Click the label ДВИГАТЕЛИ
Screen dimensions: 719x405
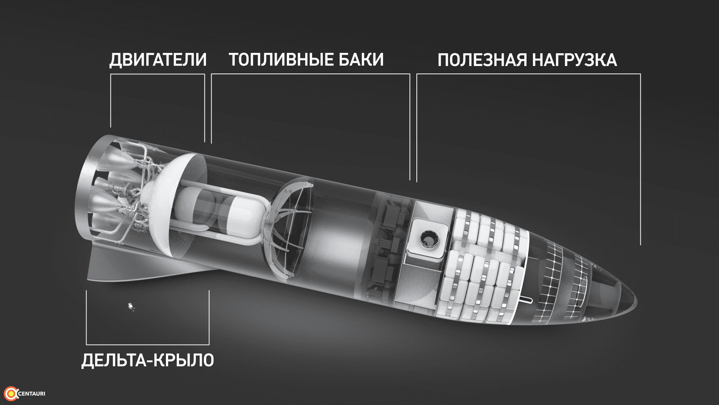click(158, 60)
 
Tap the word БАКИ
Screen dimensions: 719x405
click(361, 60)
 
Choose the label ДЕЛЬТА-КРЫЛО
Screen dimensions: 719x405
click(148, 360)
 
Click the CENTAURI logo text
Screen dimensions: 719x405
click(31, 394)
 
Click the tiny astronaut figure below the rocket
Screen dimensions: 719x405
click(131, 306)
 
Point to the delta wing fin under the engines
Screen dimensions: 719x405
click(150, 264)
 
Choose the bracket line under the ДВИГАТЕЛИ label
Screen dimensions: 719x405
click(158, 74)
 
